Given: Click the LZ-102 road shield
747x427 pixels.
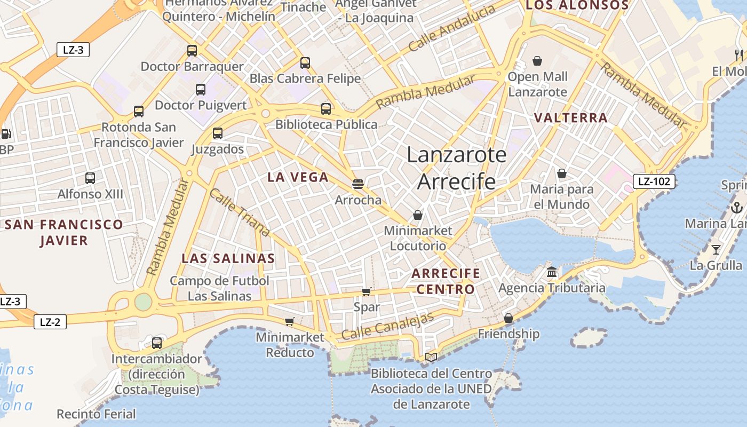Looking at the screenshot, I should (654, 181).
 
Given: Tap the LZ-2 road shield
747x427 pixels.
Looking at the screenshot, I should (50, 322).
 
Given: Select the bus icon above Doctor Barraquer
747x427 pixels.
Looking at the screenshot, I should (192, 51).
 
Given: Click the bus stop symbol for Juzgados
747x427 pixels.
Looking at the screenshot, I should (218, 133).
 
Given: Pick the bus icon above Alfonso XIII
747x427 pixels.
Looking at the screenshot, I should (90, 178).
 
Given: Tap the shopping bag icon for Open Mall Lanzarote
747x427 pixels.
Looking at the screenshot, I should (537, 61).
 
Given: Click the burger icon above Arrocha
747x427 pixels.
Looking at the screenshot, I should (358, 185).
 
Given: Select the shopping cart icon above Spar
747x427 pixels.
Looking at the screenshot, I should (366, 291).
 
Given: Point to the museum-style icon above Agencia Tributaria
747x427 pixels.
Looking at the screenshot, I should (552, 272).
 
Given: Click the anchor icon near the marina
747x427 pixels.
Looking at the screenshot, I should (736, 208).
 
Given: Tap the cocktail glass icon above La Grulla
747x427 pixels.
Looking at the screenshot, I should (716, 249).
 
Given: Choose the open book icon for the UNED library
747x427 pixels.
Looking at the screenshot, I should (431, 357).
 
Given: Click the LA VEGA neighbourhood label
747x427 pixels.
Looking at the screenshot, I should (298, 177).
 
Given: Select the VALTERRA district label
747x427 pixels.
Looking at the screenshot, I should (571, 118).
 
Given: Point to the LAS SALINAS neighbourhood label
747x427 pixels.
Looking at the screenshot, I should (228, 259).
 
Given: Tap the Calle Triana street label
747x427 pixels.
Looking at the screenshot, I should (239, 212).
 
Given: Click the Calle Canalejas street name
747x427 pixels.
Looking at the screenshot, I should (387, 326).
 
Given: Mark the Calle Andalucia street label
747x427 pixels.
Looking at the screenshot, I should (452, 29).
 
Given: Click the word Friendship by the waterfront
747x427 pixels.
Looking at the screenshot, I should (508, 334).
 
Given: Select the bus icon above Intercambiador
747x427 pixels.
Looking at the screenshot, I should (157, 343).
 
